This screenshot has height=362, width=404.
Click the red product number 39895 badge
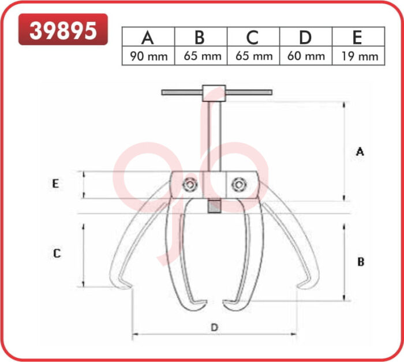[63, 29]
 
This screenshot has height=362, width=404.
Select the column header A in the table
[148, 38]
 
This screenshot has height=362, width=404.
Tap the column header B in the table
[200, 38]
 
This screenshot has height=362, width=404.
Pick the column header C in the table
[253, 38]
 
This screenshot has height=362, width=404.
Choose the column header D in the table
[305, 38]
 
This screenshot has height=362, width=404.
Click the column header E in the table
[358, 38]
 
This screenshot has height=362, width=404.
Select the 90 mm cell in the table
[148, 56]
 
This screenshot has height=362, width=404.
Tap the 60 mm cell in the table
[305, 56]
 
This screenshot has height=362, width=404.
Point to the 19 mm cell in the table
[358, 56]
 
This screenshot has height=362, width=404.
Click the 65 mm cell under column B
[200, 56]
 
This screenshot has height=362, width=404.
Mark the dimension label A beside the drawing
[360, 152]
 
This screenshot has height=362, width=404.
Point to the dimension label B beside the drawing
[360, 262]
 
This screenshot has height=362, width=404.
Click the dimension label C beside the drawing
[57, 253]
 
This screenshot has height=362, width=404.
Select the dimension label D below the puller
[214, 327]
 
